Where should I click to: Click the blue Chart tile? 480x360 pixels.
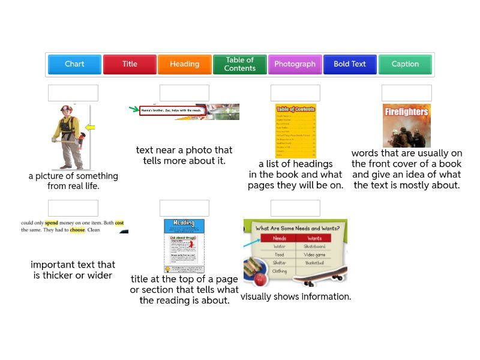click(x=74, y=64)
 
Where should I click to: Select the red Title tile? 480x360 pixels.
click(x=130, y=64)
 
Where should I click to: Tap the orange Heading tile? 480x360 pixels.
click(x=184, y=64)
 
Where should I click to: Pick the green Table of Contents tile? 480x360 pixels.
click(x=239, y=64)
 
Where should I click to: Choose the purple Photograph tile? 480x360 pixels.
click(x=295, y=64)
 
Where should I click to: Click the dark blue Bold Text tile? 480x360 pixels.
click(x=350, y=64)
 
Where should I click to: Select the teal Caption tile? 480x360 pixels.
click(x=405, y=64)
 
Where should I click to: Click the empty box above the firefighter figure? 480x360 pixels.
click(x=73, y=93)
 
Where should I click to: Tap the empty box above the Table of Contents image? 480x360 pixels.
click(x=295, y=93)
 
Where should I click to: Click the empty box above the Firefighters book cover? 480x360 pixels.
click(x=406, y=93)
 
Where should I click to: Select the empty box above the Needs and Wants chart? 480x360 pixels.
click(x=295, y=208)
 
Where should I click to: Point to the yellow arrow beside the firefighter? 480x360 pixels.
click(x=90, y=128)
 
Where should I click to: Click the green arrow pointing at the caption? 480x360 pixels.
click(x=134, y=109)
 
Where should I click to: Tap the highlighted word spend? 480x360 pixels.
click(x=52, y=223)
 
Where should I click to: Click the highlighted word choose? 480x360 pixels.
click(x=77, y=230)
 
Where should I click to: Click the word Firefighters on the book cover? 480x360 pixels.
click(x=406, y=112)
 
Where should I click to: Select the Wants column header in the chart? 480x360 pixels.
click(x=314, y=238)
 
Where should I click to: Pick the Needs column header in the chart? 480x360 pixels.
click(x=280, y=238)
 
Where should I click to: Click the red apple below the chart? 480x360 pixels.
click(x=260, y=280)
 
